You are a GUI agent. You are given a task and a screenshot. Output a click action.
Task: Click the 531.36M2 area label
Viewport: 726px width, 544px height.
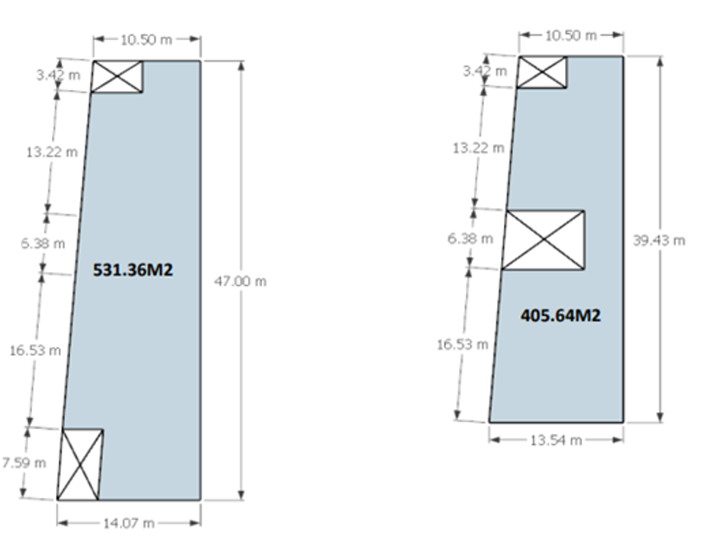tap(133, 269)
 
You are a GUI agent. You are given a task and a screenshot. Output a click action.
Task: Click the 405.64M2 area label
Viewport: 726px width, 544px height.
tap(561, 315)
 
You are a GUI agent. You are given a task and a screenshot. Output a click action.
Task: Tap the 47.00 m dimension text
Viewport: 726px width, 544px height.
tap(240, 281)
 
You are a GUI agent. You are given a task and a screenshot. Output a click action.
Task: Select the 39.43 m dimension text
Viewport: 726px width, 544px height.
tap(659, 241)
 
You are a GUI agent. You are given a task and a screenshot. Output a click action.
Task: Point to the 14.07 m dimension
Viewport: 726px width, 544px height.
tap(128, 523)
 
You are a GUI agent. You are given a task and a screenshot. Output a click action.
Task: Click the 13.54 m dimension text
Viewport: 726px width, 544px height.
tap(556, 440)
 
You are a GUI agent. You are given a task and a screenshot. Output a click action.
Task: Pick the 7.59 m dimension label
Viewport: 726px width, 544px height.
tap(24, 463)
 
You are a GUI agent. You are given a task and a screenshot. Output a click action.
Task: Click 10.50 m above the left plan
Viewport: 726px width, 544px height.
tap(146, 40)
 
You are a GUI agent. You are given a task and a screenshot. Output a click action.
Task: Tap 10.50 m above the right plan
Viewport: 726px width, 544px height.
tap(571, 35)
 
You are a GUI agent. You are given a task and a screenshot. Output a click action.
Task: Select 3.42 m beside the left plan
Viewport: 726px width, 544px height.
tap(59, 74)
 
